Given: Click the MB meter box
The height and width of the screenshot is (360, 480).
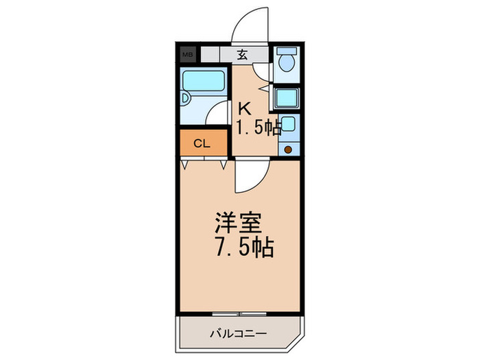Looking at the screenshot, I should click(x=187, y=54).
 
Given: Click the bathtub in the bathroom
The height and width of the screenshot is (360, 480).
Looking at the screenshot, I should click(x=204, y=81).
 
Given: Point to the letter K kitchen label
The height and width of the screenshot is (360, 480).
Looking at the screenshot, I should click(x=243, y=108).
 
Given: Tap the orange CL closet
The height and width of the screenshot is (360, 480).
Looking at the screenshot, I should click(x=203, y=143).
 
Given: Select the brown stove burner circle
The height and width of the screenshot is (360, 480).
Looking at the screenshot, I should click(x=288, y=149).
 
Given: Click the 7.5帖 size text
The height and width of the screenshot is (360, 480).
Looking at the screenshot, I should click(x=243, y=247).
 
